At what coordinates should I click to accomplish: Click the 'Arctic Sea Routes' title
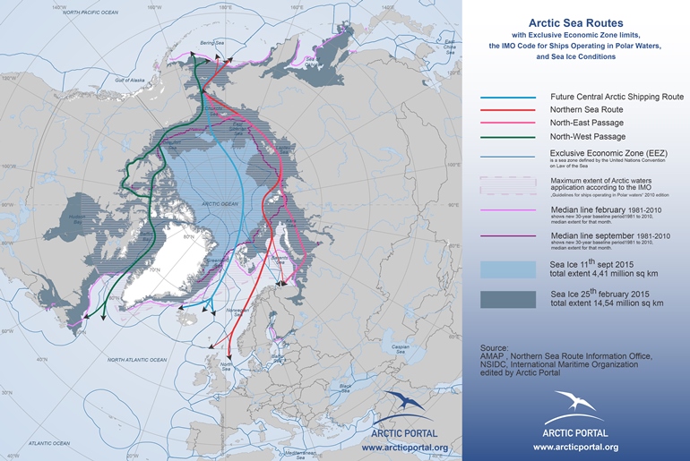tap(575, 22)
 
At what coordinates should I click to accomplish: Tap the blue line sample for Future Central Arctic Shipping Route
tap(508, 97)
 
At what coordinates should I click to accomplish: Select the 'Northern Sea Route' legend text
tap(583, 108)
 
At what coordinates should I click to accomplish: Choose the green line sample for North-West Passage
tap(508, 137)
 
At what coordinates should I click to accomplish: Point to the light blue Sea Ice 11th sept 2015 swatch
tap(508, 270)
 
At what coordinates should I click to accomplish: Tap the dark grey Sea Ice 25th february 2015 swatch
tap(508, 298)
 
